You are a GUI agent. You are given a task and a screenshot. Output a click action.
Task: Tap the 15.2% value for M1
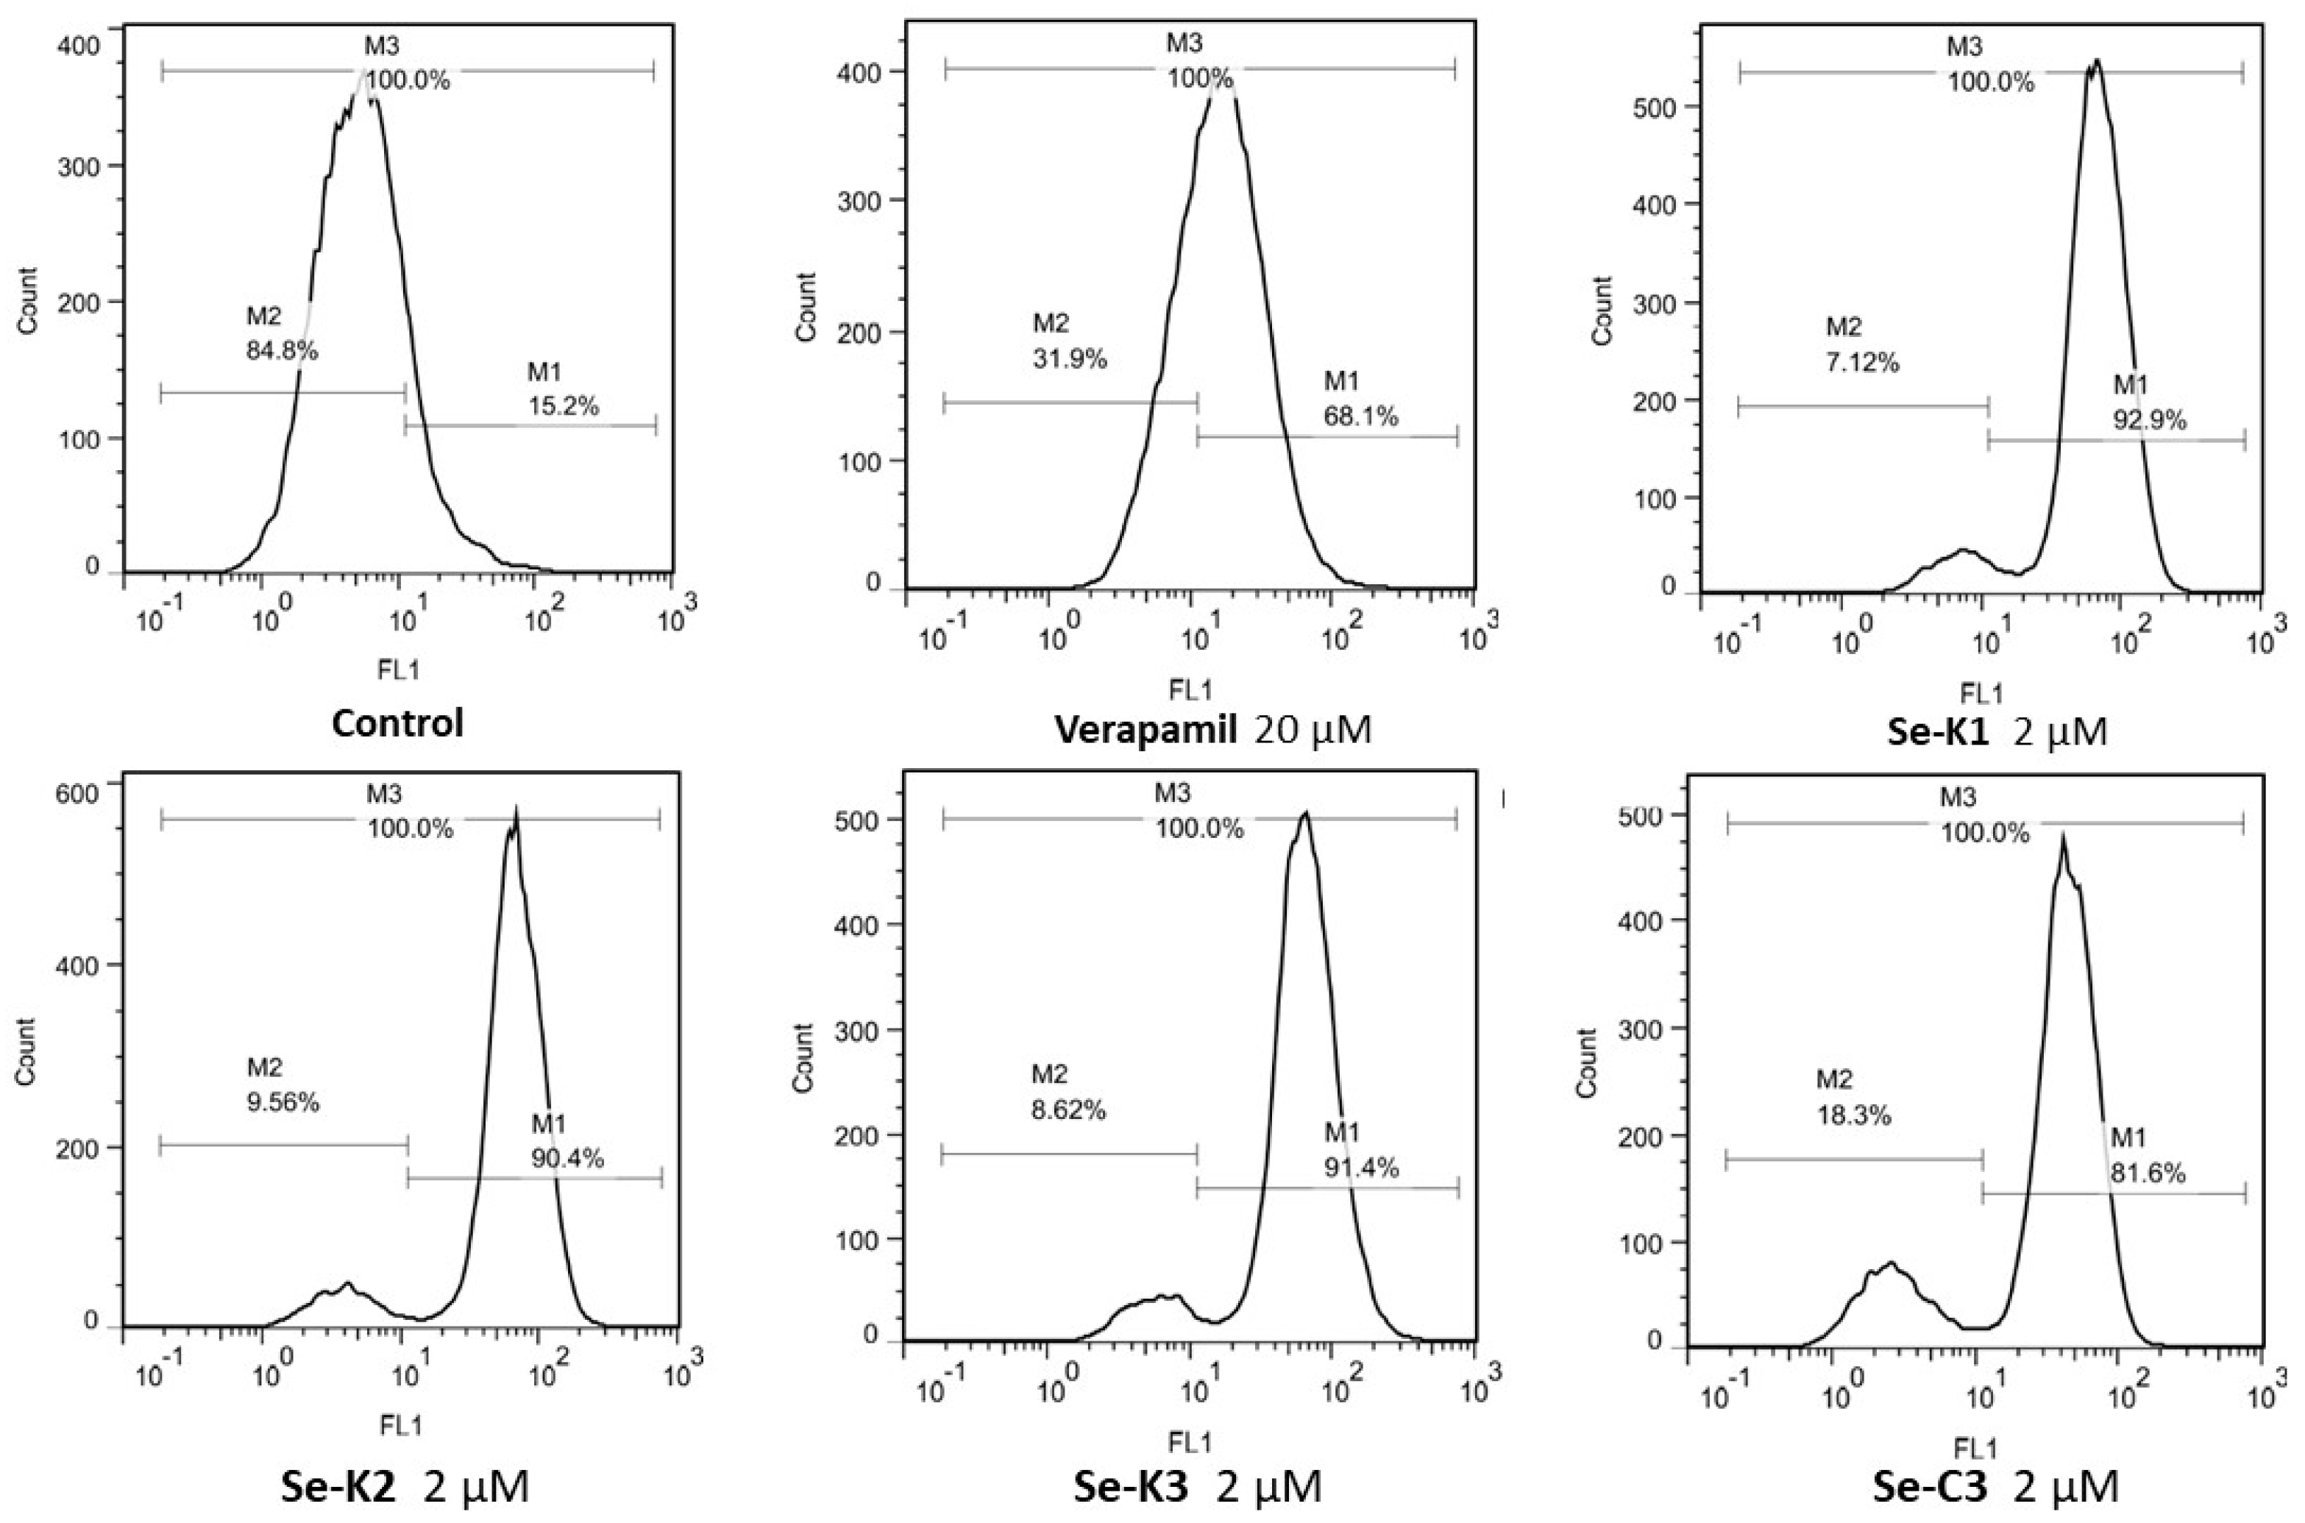coord(564,406)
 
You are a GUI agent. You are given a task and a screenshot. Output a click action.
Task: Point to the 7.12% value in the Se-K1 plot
coord(1862,363)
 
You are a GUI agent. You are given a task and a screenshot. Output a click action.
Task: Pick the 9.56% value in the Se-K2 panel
coord(283,1102)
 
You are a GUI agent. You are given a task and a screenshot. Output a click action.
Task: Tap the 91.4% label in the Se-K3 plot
coord(1361,1168)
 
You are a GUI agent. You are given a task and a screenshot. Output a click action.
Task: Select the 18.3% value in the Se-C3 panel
coord(1854,1116)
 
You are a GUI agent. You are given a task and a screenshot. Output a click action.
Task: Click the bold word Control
coord(397,724)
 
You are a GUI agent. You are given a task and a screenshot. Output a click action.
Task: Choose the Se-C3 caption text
coord(1927,1488)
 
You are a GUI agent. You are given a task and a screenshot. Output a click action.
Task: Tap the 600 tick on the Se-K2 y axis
coord(78,795)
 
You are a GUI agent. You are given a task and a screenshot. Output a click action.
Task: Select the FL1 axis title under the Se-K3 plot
coord(1190,1442)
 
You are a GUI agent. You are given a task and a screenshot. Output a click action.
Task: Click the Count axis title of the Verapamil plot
coord(806,307)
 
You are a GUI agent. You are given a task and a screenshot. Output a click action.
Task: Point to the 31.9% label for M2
coord(1070,359)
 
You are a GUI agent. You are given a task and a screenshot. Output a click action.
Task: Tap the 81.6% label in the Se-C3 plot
coord(2148,1174)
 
